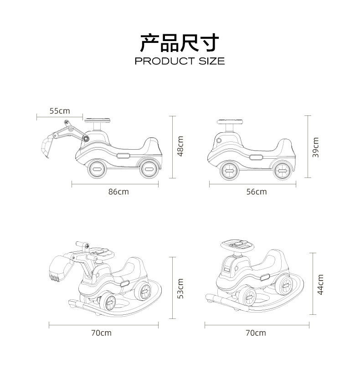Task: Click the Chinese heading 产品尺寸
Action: [x=180, y=43]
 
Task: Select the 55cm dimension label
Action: [x=60, y=111]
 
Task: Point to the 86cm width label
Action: [x=118, y=192]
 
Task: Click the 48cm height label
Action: [x=180, y=146]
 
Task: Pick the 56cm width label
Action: [x=257, y=192]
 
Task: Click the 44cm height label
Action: [x=320, y=284]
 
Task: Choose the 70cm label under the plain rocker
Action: [x=256, y=333]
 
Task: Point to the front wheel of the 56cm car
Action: [x=229, y=172]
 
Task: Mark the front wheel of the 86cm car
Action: [x=96, y=169]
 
